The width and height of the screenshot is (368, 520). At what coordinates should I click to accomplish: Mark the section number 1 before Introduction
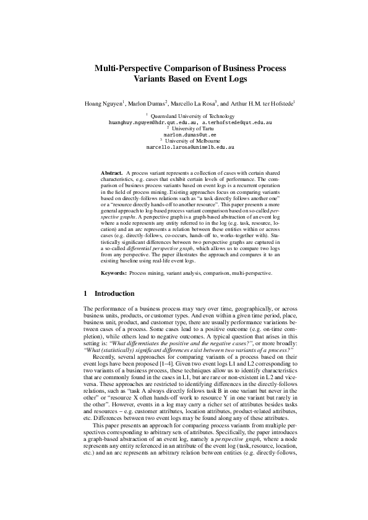coord(85,293)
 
